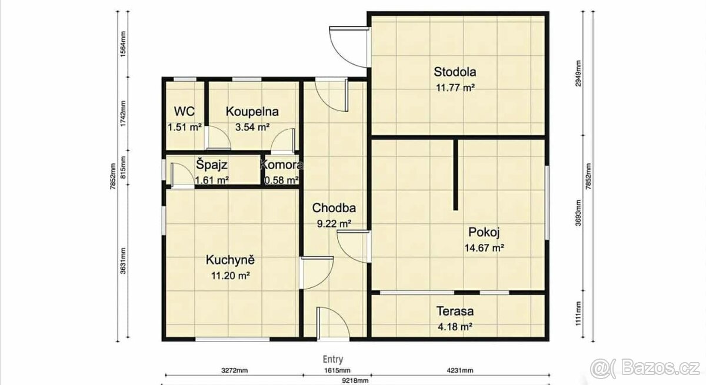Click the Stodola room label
pos(455,72)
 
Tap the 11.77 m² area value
pos(455,88)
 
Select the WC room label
pos(184,112)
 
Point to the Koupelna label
pos(252,112)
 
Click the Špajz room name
pos(211,165)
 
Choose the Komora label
pos(281,165)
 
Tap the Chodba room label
pos(334,207)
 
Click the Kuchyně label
pos(230,260)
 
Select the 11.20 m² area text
pos(231,276)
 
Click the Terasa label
pos(455,312)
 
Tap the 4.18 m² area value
pos(455,327)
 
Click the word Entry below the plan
pos(333,359)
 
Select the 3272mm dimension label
pos(234,370)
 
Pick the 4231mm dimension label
pos(460,370)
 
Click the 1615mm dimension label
pos(337,370)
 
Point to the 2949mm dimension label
pos(578,73)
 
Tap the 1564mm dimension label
pos(123,44)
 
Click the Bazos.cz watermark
pos(645,368)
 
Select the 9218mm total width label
pos(355,381)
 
